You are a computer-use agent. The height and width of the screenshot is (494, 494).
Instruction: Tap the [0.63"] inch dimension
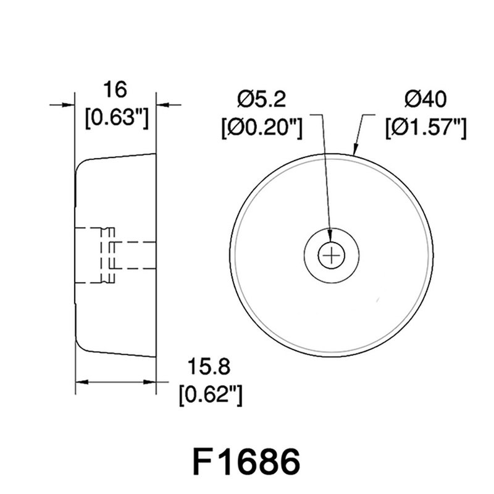click(115, 117)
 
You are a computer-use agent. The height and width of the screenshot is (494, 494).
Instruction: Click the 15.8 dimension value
click(209, 368)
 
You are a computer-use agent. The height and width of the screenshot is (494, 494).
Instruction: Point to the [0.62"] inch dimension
click(209, 394)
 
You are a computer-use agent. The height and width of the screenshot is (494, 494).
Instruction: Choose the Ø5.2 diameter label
click(261, 99)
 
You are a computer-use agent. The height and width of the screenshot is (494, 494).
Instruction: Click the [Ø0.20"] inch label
click(261, 128)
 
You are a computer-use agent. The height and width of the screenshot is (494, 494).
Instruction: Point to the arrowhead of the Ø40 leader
click(354, 149)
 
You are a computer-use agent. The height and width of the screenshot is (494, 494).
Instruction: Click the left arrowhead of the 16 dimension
click(69, 105)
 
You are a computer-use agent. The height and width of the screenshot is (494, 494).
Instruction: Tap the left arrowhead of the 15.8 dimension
click(80, 383)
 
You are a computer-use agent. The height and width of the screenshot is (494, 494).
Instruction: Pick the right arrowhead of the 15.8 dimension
click(151, 383)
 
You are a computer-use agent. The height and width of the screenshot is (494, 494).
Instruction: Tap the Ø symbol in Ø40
click(412, 99)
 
